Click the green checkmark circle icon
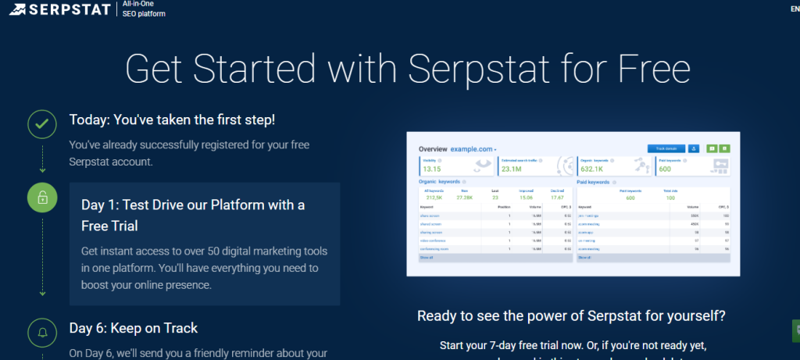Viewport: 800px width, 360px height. [x=42, y=123]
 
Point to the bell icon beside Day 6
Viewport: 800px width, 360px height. [x=42, y=333]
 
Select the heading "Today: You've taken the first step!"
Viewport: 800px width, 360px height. [x=172, y=120]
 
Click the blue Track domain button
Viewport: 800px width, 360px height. [x=666, y=148]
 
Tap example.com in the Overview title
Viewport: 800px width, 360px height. [x=473, y=148]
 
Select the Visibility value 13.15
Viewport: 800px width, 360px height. [x=432, y=169]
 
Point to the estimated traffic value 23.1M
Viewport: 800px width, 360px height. [x=512, y=169]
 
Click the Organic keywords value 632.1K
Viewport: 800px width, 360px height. [x=593, y=169]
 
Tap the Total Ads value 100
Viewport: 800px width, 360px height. [x=670, y=198]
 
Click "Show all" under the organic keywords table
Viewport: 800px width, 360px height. [x=426, y=257]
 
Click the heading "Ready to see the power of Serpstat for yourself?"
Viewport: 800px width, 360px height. [x=571, y=316]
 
